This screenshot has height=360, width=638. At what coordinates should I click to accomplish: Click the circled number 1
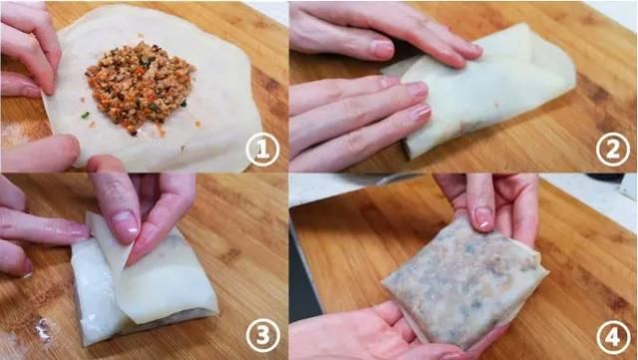pos(262,150)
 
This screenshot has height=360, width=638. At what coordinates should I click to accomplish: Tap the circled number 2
pos(613,150)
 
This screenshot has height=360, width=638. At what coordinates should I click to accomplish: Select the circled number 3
pos(263,335)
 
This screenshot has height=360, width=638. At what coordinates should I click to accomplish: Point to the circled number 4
pos(613,336)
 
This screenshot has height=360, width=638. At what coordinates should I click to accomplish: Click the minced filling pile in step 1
pos(140,87)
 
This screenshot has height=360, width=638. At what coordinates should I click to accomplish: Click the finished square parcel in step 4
pos(464,281)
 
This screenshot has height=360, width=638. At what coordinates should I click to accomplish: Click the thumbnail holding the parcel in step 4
pos(483,218)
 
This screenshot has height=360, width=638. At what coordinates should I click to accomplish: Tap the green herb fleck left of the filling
pos(86,116)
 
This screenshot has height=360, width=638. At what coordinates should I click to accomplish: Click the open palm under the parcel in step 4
pos(366,332)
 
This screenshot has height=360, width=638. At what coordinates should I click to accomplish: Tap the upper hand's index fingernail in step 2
pos(383,49)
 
